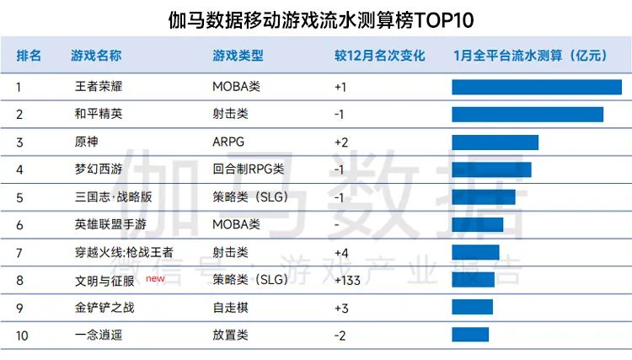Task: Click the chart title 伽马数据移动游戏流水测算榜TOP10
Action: [316, 19]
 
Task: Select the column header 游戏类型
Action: [238, 56]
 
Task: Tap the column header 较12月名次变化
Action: [379, 56]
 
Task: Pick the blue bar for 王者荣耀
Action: [536, 87]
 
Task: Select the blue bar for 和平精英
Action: [528, 115]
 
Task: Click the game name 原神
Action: [87, 142]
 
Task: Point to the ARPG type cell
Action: [228, 142]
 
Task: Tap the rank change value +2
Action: [341, 142]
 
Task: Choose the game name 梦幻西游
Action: [99, 169]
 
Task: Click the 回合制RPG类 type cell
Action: [249, 169]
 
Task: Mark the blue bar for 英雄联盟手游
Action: [477, 224]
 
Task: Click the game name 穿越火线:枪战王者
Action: [124, 252]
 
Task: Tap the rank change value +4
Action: [341, 252]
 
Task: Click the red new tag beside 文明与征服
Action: [155, 277]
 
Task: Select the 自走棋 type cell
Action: [230, 308]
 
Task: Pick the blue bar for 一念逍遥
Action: [470, 335]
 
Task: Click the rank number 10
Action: [22, 335]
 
